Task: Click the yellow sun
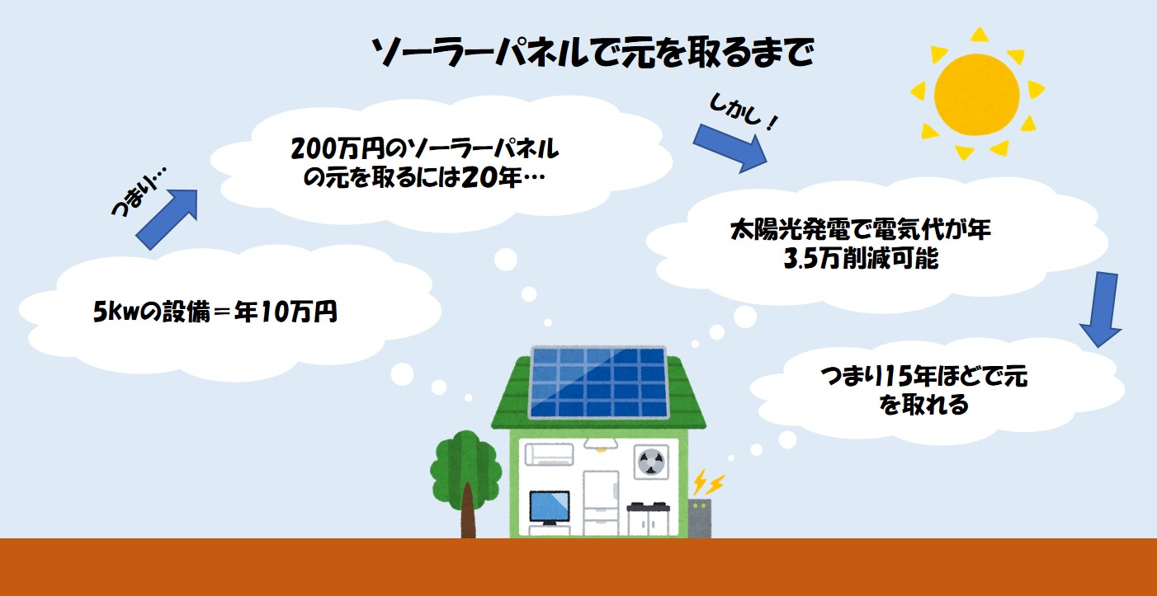[977, 95]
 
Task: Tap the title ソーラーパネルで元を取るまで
[593, 53]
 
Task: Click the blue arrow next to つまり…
[168, 218]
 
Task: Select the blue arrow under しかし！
[730, 148]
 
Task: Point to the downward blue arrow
[1101, 309]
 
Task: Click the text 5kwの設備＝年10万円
[215, 311]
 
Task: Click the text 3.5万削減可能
[861, 259]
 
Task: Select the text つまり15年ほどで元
[923, 376]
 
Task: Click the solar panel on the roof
[598, 382]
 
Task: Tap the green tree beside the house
[466, 484]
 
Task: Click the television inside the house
[550, 509]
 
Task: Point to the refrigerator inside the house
[601, 503]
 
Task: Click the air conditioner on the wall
[549, 454]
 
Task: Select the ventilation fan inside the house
[651, 462]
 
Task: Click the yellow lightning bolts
[708, 482]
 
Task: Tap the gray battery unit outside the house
[700, 518]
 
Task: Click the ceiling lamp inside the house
[600, 445]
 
